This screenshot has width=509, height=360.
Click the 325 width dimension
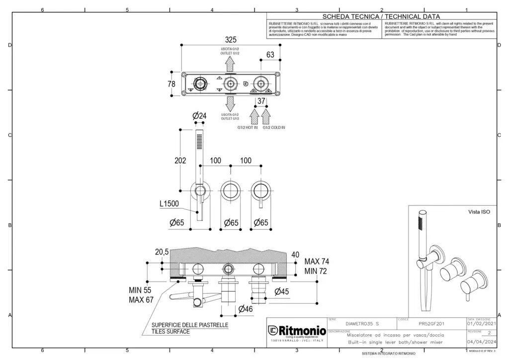point(231,40)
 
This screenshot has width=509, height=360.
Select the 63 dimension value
point(270,55)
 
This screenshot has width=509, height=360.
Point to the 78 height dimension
point(171,85)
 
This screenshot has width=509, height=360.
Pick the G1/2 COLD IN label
point(274,128)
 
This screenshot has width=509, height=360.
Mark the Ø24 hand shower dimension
point(199,116)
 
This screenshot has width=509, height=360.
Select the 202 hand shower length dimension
point(180,161)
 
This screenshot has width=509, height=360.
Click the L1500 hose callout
point(169,204)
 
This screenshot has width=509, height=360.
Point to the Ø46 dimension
point(246,309)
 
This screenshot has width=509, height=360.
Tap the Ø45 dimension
point(281,291)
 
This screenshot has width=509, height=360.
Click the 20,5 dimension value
point(162,253)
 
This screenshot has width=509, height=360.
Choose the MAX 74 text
point(317,262)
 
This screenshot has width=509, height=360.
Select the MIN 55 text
point(140,290)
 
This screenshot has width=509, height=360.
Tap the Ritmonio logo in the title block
point(297,331)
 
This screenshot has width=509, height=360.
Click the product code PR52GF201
point(431,324)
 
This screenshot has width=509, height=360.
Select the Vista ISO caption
point(479,212)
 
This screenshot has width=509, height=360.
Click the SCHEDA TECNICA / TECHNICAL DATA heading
point(381,16)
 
